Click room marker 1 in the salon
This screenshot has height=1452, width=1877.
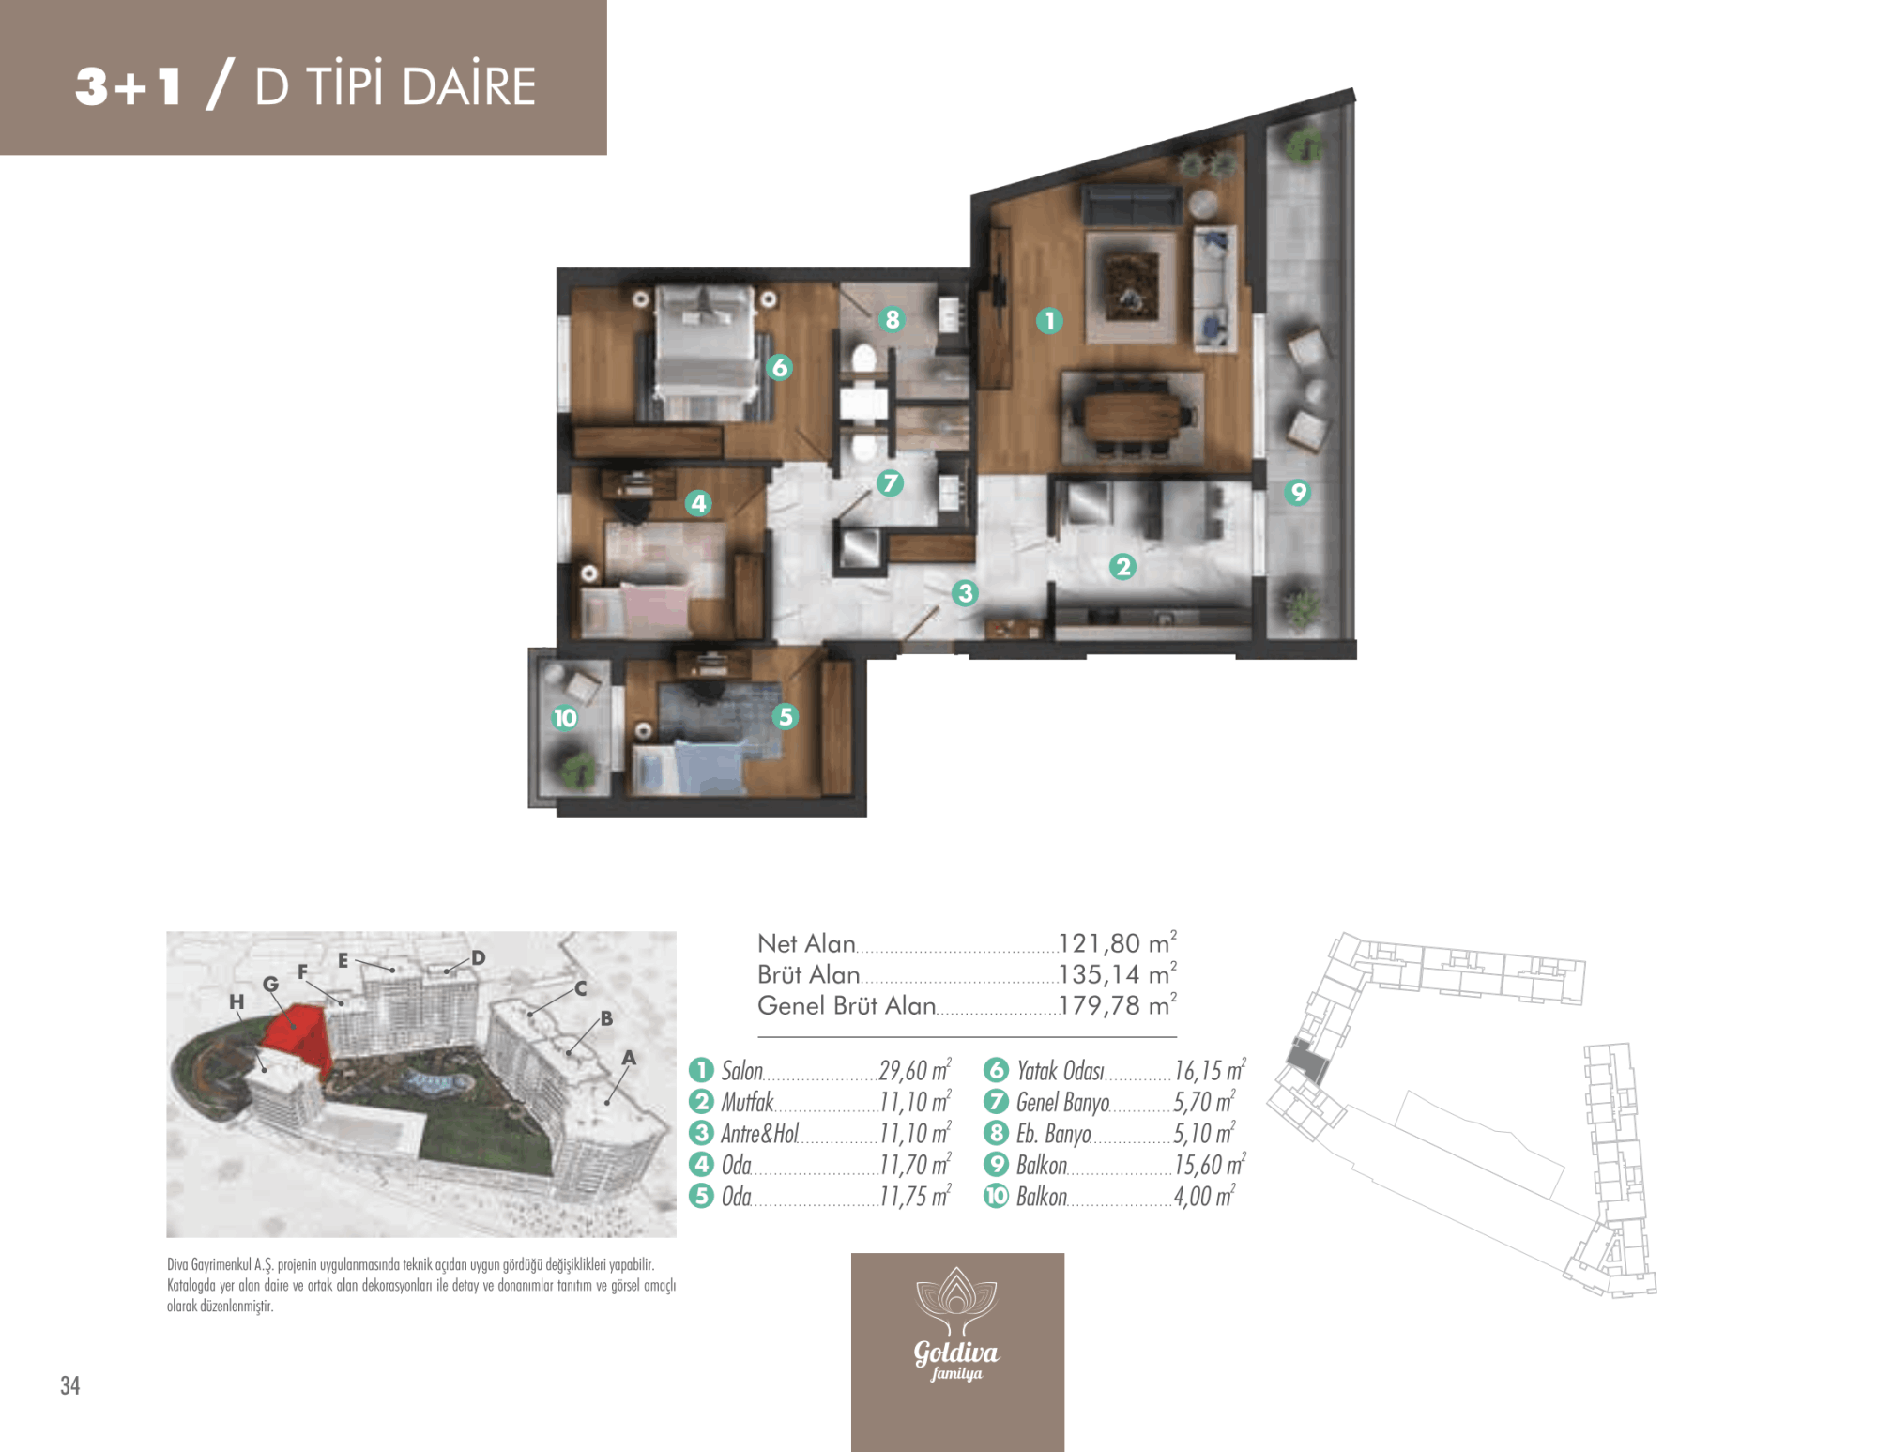pos(1049,321)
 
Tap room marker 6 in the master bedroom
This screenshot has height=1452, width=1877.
pos(779,367)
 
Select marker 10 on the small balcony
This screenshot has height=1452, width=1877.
pos(565,718)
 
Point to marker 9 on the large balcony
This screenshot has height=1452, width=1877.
pos(1298,492)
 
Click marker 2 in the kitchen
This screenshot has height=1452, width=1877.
pos(1122,566)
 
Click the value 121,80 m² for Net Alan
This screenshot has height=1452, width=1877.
pos(1117,942)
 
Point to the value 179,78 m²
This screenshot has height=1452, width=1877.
pos(1117,1004)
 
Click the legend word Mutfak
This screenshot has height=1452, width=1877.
pos(747,1102)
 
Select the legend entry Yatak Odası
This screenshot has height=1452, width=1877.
pos(1060,1071)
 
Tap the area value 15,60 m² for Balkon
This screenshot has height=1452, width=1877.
pos(1209,1165)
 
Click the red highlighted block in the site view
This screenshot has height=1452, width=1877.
pos(297,1036)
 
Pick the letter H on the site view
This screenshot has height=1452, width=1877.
pos(237,1001)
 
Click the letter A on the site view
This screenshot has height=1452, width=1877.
pos(629,1058)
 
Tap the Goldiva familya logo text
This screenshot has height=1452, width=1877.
pos(956,1359)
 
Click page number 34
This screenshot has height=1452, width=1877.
pos(70,1385)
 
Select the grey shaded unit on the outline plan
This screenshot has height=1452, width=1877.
pos(1307,1064)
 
